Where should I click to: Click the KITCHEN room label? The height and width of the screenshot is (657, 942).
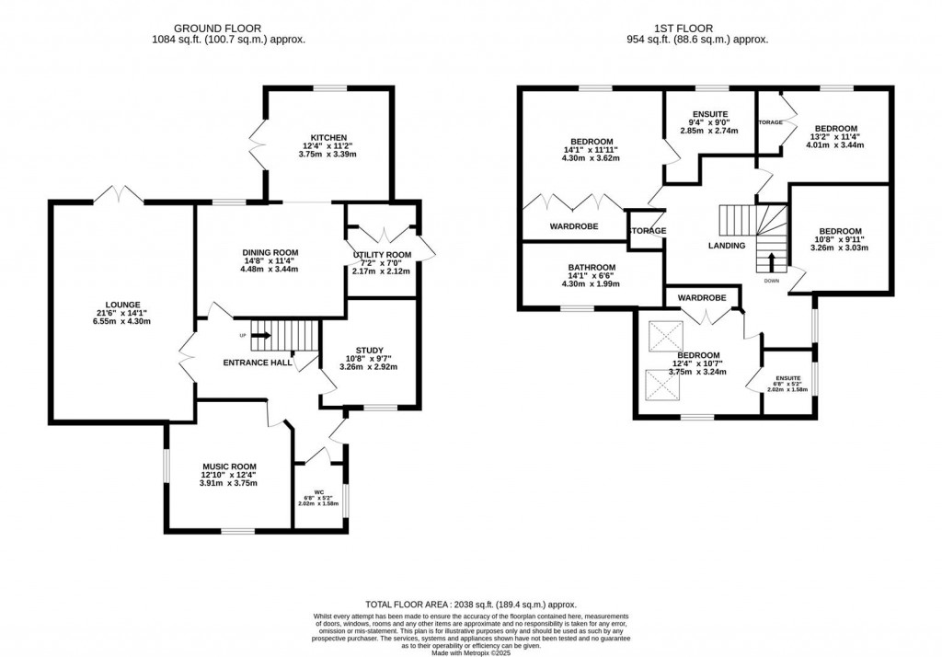click(327, 138)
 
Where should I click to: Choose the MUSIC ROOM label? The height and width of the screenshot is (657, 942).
click(229, 467)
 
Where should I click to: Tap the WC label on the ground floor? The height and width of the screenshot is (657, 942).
click(318, 490)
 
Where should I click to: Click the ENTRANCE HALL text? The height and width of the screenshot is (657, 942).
click(258, 363)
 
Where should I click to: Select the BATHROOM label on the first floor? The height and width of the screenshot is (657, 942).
click(592, 268)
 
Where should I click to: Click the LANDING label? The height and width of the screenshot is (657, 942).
click(727, 246)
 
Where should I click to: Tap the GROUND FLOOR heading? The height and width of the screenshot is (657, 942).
click(228, 28)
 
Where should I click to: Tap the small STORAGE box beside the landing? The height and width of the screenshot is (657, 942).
click(647, 231)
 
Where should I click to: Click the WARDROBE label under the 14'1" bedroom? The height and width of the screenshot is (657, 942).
click(574, 225)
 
